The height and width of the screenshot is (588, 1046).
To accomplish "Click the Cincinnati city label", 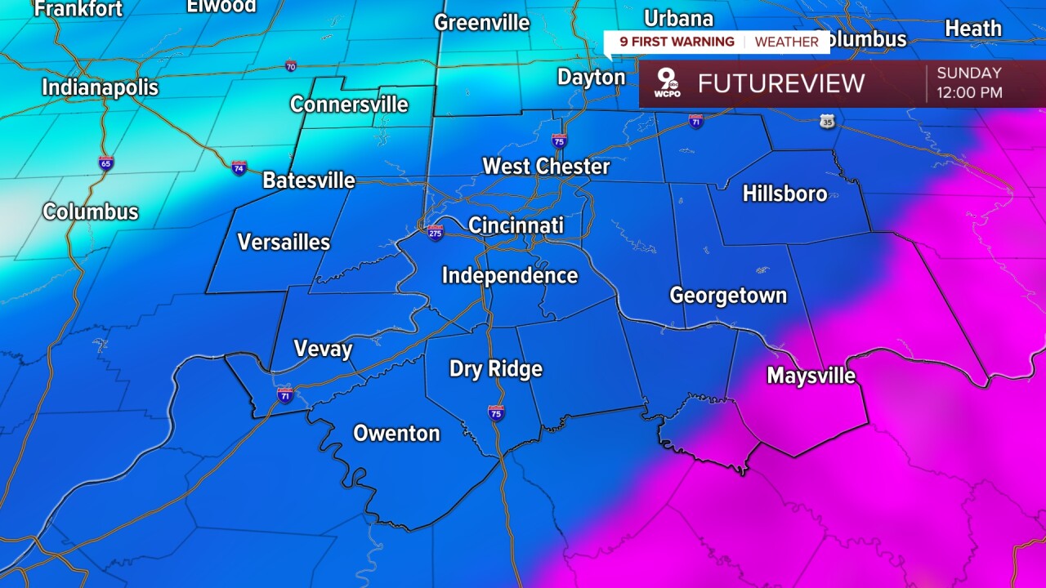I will (x=516, y=225).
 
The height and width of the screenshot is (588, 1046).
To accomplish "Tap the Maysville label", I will (x=811, y=376).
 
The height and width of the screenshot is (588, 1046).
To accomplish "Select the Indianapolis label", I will (x=100, y=87).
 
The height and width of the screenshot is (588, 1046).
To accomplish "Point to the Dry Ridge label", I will (x=495, y=369).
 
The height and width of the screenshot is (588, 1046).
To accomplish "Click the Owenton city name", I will (x=396, y=434).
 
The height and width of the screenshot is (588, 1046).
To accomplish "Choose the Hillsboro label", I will (x=784, y=194).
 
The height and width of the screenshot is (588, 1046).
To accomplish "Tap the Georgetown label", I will (x=728, y=296).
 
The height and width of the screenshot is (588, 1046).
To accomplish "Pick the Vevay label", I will (x=323, y=350).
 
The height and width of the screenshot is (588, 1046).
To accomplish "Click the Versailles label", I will (x=284, y=242).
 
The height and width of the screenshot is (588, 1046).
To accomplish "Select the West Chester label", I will (x=546, y=167).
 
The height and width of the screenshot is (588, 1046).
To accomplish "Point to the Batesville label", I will (x=309, y=180).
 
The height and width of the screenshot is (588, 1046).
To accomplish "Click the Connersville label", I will (x=349, y=105).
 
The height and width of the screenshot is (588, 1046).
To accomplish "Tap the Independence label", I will (x=510, y=276).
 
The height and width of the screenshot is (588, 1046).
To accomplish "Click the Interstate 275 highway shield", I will (x=436, y=233).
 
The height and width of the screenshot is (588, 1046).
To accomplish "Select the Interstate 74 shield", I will (x=239, y=168).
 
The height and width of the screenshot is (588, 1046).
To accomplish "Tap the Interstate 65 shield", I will (x=105, y=163).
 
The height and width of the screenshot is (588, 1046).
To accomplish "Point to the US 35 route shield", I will (x=828, y=121).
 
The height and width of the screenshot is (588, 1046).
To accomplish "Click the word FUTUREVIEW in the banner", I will (x=780, y=83).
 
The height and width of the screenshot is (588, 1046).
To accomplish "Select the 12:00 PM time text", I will (x=969, y=92).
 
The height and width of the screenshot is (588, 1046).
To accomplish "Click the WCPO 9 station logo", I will (x=668, y=83).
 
